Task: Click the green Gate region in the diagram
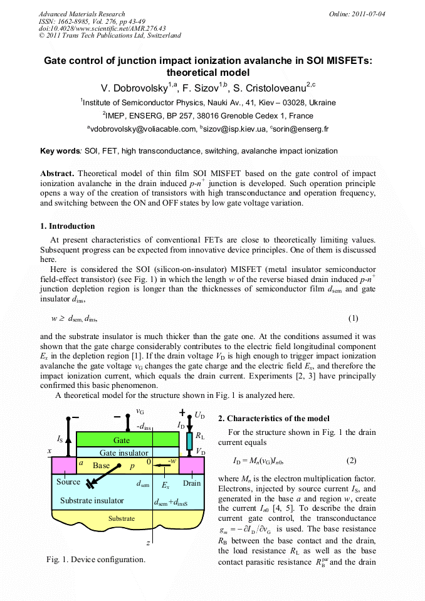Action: pos(122,440)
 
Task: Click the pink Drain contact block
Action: pos(192,465)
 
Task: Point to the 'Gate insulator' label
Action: pos(124,452)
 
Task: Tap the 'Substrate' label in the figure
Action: pos(122,518)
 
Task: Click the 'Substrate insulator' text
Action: pos(92,501)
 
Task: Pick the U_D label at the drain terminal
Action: pos(199,415)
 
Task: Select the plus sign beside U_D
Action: pos(182,413)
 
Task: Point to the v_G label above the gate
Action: pos(140,411)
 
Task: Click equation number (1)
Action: pos(353,318)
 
